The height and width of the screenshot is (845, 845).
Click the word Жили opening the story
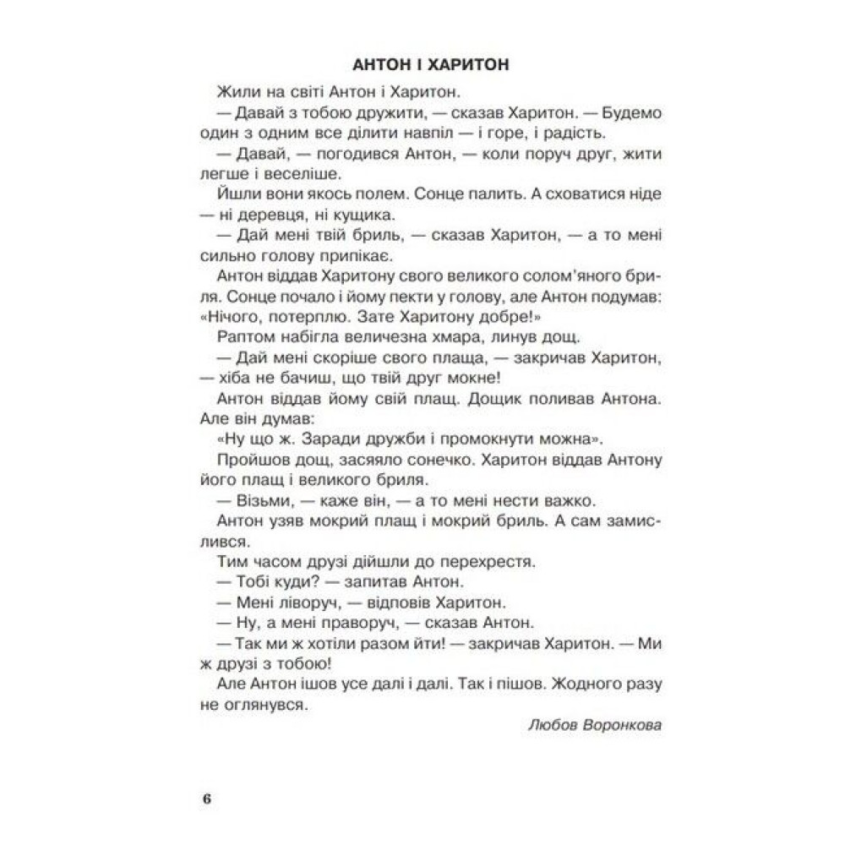(x=233, y=91)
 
